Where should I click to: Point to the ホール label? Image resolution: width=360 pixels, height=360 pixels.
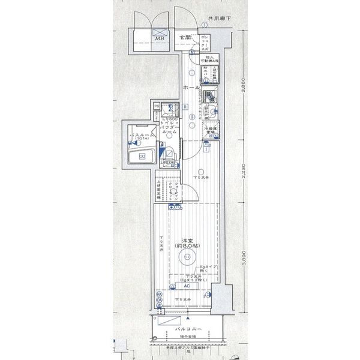(191, 88)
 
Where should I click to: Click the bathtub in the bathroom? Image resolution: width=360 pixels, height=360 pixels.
(143, 157)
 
